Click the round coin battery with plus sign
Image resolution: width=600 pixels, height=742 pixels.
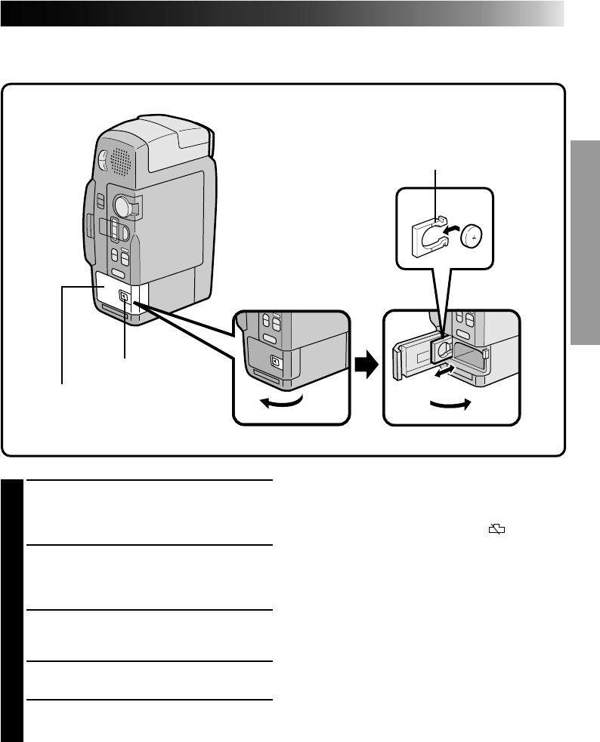coord(472,236)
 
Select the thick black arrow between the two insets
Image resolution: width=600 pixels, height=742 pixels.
coord(366,366)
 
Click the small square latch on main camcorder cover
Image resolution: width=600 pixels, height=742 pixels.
coord(124,297)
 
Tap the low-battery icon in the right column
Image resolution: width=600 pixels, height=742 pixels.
coord(496,531)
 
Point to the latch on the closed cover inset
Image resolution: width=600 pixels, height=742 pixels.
coord(275,362)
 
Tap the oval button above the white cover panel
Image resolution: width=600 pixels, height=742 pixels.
coord(118,274)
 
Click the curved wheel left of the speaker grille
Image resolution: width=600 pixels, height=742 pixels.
coord(103,159)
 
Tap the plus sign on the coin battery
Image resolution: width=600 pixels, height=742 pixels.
coord(472,236)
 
